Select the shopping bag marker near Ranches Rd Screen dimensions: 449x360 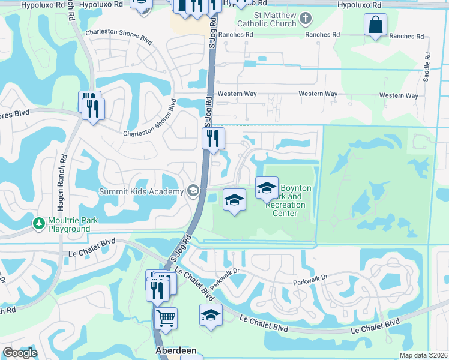(x=375, y=25)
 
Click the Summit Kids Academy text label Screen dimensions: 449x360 (x=142, y=191)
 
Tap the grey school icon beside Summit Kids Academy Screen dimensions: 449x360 (x=193, y=191)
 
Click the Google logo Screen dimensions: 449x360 (x=20, y=353)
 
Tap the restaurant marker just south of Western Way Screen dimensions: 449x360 (x=213, y=139)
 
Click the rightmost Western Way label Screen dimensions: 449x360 (x=399, y=95)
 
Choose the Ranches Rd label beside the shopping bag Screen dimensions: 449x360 (x=411, y=36)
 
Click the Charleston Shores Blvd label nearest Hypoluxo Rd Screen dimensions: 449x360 (x=119, y=35)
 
